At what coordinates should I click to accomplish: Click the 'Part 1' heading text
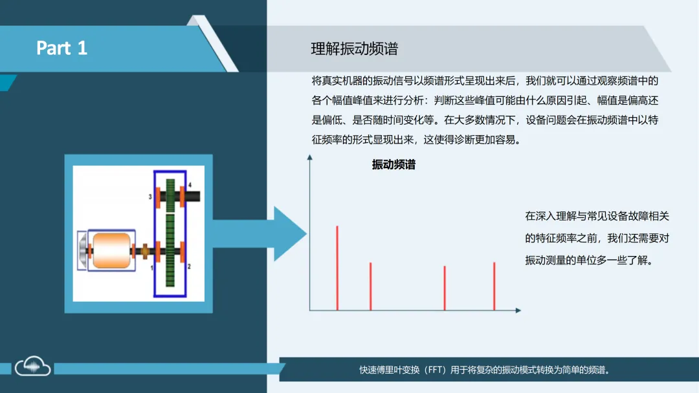coord(61,48)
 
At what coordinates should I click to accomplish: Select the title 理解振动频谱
coord(354,48)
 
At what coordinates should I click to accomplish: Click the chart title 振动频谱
coord(394,165)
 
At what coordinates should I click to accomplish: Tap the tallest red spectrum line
coord(337,268)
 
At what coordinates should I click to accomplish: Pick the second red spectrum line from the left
coord(370,286)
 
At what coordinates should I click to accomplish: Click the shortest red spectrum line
coord(445,288)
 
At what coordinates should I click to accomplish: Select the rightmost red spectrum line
coord(494,286)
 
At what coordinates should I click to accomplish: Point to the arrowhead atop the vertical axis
coord(310,157)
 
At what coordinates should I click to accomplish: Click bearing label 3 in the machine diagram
coord(150,196)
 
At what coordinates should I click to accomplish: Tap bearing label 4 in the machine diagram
coord(190,186)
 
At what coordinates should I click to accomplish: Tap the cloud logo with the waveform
coord(33,367)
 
